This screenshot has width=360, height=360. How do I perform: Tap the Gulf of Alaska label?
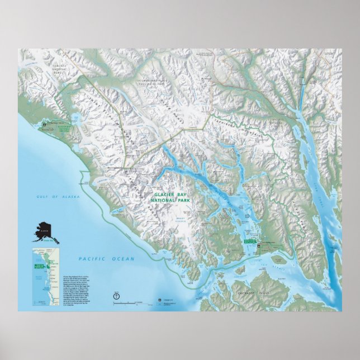(51, 197)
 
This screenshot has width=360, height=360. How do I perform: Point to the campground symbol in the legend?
(159, 300)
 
